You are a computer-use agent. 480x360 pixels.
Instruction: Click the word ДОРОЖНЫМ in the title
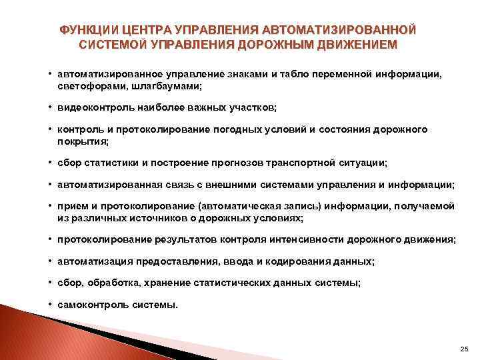pyautogui.click(x=281, y=46)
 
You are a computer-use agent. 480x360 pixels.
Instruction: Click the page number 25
pyautogui.click(x=465, y=349)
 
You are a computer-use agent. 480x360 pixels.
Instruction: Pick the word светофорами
pyautogui.click(x=86, y=87)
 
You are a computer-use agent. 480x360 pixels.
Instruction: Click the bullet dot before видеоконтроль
pyautogui.click(x=50, y=107)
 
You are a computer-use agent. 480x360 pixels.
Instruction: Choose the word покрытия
pyautogui.click(x=81, y=141)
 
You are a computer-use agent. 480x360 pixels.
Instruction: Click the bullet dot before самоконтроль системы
pyautogui.click(x=50, y=305)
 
